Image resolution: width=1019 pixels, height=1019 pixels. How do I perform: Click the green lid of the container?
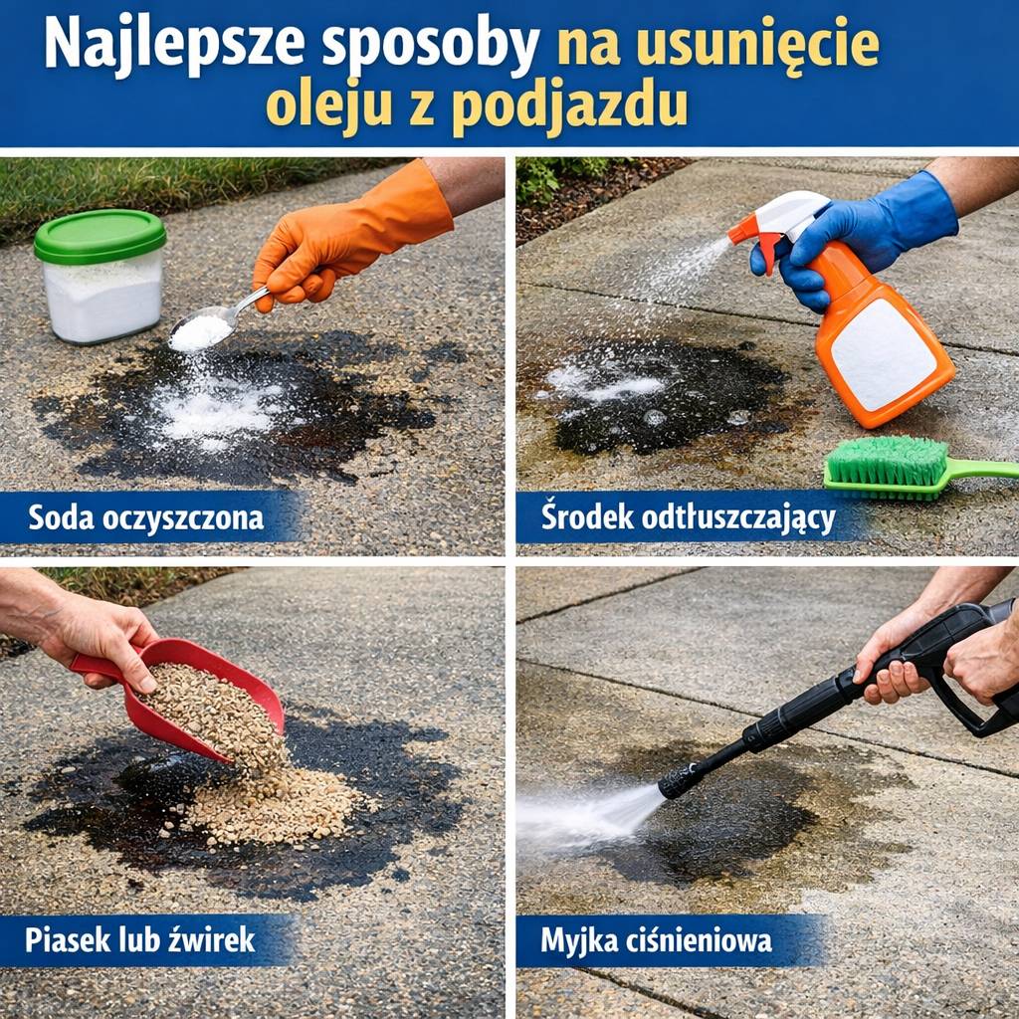tap(100, 235)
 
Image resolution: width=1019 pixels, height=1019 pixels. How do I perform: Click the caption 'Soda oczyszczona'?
tap(145, 518)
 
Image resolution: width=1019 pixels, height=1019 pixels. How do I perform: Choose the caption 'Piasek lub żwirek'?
tap(140, 939)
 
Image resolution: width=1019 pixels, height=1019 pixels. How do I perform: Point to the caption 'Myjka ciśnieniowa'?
tap(656, 939)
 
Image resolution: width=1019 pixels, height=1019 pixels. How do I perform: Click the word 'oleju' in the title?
tap(328, 104)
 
